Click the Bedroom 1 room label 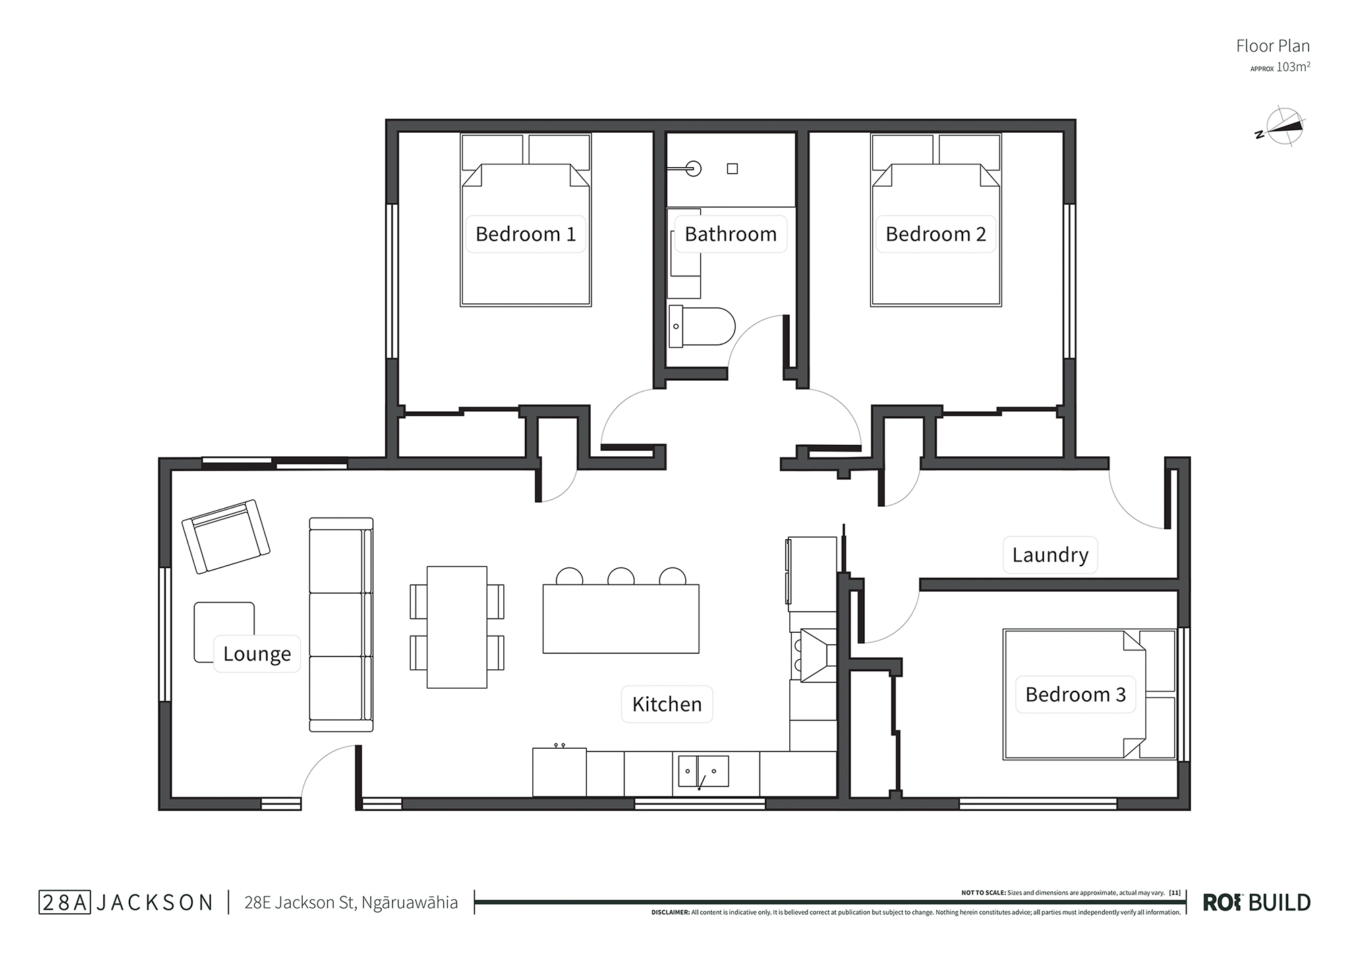525,234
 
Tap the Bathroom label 730,234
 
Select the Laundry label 1050,555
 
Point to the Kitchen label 667,704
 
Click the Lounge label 257,654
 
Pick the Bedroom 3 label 1076,694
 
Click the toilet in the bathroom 701,327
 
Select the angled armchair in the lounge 226,536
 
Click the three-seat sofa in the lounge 341,625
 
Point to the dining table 457,627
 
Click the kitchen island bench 621,619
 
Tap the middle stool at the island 621,576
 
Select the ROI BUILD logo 1257,902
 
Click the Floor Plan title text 1273,46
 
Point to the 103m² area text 1293,67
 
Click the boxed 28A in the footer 64,902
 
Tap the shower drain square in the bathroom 733,169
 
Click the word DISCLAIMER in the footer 670,913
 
